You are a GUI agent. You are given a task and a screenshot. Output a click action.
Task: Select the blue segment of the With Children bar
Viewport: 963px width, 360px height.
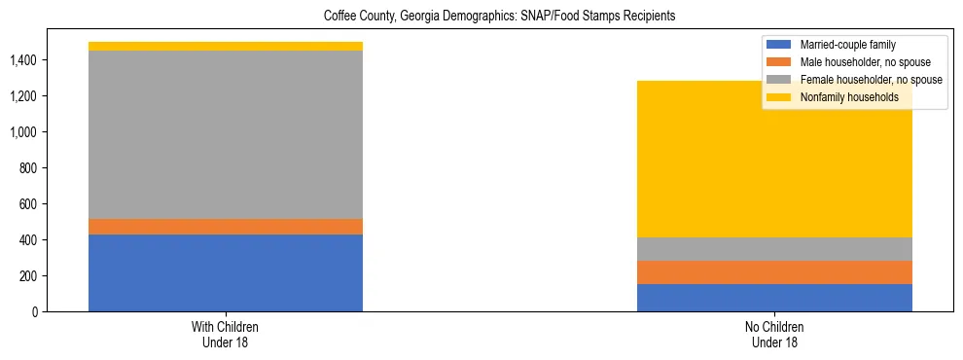(226, 272)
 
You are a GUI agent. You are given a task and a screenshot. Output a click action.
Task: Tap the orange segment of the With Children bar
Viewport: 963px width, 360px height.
(226, 227)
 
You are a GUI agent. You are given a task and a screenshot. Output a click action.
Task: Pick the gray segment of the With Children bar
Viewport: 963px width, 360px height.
(226, 134)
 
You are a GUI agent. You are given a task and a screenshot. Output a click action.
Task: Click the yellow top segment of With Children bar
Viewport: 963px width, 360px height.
(226, 46)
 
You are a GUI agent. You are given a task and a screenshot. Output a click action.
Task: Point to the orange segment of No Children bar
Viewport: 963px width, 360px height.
(774, 272)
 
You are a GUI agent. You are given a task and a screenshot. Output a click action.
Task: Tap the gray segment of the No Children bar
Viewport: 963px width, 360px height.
(774, 249)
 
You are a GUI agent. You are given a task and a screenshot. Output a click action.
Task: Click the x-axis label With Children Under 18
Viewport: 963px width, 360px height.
(226, 335)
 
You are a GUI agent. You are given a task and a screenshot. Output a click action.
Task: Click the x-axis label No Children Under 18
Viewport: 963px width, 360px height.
(774, 335)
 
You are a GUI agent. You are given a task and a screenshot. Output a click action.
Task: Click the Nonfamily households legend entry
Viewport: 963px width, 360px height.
(841, 97)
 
